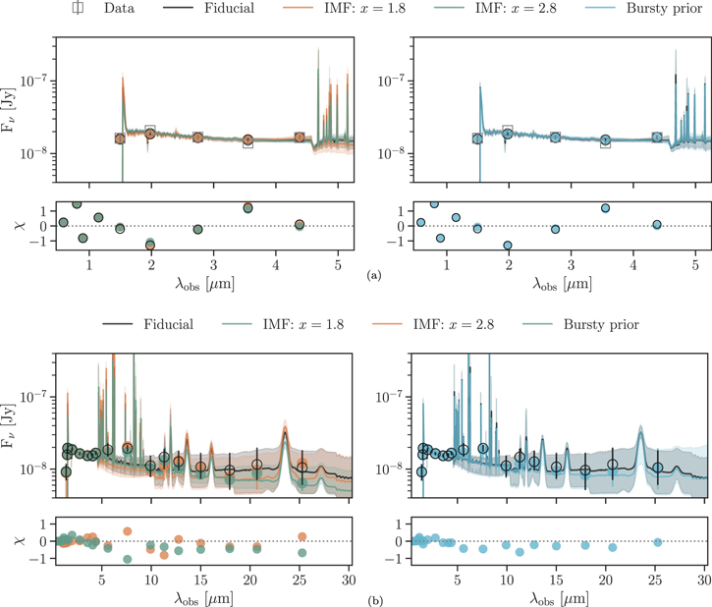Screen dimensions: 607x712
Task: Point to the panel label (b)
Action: tap(371, 595)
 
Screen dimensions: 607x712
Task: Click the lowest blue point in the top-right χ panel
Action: tap(509, 245)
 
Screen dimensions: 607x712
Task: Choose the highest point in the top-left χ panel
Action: tap(77, 203)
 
